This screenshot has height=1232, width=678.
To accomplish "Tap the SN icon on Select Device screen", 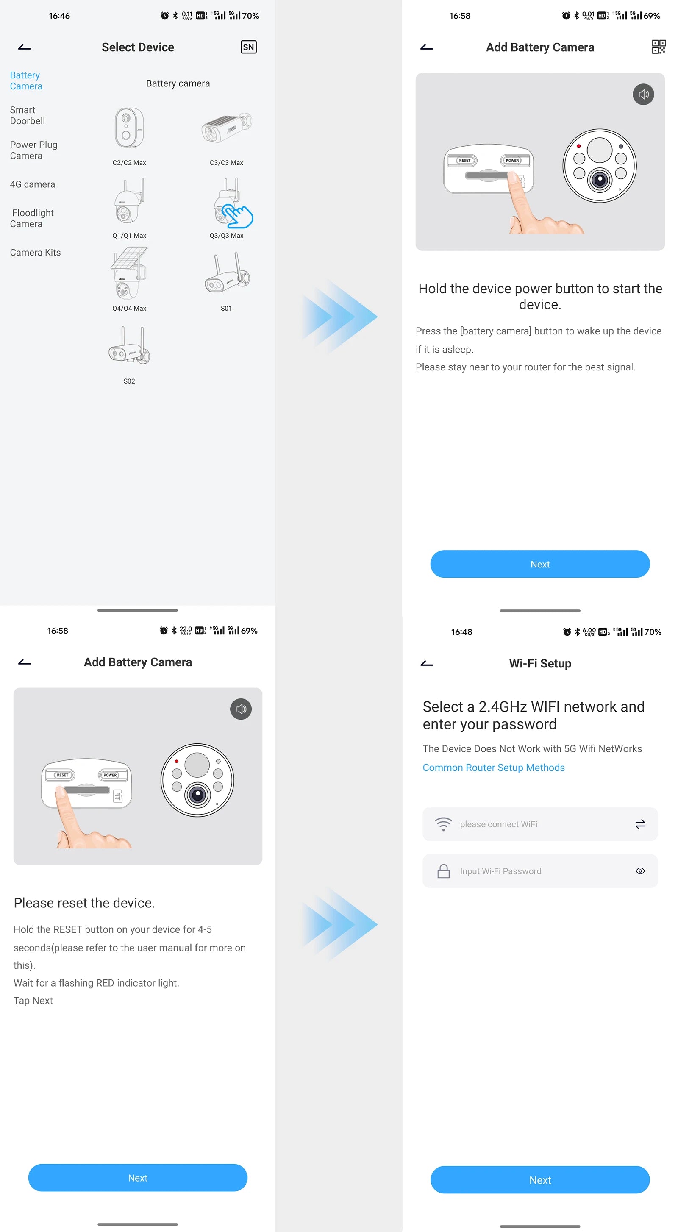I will tap(248, 47).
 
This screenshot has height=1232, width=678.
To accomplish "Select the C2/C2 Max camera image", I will tap(129, 128).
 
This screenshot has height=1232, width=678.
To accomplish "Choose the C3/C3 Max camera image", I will tap(226, 127).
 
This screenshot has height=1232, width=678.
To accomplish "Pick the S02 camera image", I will tap(129, 346).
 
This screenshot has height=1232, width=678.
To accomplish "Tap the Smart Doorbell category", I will tap(27, 115).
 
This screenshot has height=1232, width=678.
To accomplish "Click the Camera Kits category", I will tap(35, 253).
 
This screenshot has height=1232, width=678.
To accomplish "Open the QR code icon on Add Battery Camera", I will tap(659, 47).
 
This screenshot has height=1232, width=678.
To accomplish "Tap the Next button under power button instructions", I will tap(539, 564).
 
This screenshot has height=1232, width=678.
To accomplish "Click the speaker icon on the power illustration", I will tap(643, 94).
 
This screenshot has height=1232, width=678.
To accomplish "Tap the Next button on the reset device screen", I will tap(138, 1177).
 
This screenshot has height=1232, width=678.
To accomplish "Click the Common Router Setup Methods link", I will tap(493, 767).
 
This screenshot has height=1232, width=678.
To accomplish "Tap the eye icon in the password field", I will tap(640, 871).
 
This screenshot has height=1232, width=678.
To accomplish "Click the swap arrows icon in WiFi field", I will tap(640, 823).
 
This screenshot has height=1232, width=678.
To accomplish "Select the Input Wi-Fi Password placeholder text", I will tap(500, 871).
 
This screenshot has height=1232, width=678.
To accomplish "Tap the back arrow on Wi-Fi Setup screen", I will tap(426, 663).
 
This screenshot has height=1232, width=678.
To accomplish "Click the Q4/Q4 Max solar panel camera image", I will tap(129, 273).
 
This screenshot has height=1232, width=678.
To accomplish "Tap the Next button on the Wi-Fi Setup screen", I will tap(539, 1180).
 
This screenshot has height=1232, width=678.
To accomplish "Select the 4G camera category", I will tap(33, 184).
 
